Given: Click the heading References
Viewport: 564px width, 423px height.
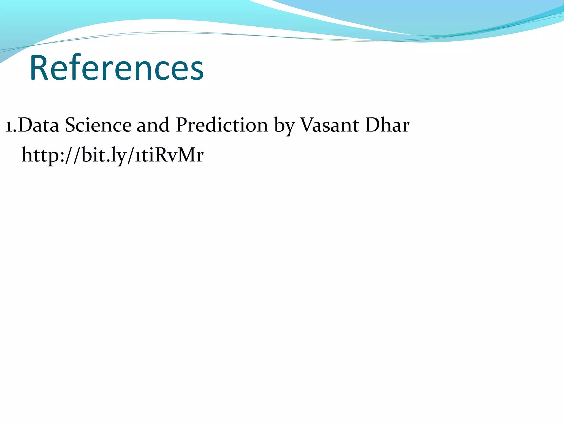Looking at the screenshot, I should (x=116, y=68).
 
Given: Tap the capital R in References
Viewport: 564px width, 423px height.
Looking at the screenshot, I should (x=39, y=68).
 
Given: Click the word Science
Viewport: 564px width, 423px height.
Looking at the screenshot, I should (x=98, y=125).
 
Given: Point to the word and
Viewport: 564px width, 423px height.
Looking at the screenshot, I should (x=153, y=125).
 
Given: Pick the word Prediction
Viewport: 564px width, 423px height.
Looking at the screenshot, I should (x=222, y=125).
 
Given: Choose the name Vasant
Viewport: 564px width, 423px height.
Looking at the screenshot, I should (x=329, y=125).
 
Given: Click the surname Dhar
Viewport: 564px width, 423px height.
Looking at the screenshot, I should (x=387, y=125).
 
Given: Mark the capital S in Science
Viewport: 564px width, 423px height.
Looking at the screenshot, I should (x=70, y=125).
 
